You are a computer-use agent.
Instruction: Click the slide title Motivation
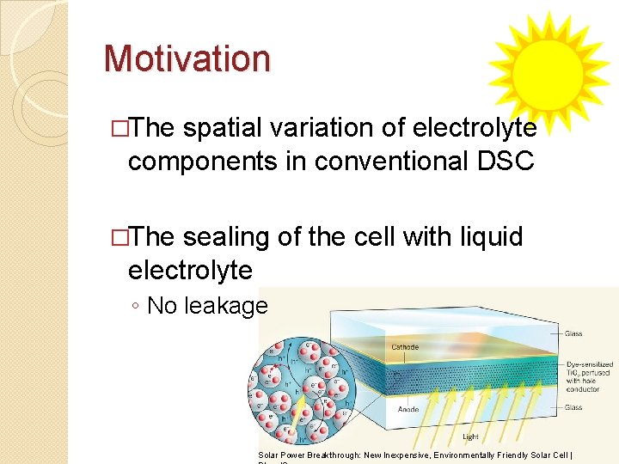[187, 58]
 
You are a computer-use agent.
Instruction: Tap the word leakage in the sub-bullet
[232, 305]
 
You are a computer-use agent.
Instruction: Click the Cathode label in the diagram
[405, 348]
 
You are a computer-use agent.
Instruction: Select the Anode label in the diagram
[408, 410]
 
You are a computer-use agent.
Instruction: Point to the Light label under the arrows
[470, 437]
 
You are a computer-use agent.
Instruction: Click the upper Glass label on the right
[573, 334]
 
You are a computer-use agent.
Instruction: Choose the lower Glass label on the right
[573, 407]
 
